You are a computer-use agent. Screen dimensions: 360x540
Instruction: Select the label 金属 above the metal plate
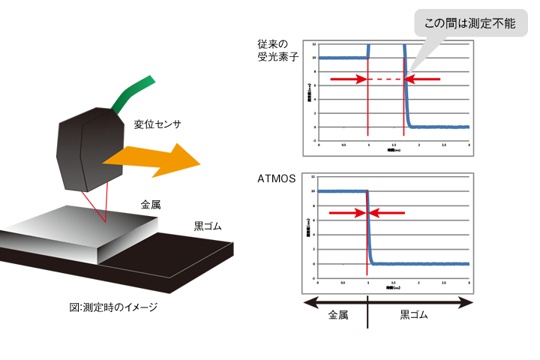(x=151, y=204)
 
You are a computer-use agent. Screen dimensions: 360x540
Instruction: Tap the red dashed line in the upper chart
(x=387, y=79)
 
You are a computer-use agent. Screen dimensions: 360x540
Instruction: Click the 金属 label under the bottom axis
(x=339, y=316)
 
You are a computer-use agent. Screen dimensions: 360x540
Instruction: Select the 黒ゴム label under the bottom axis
(x=412, y=316)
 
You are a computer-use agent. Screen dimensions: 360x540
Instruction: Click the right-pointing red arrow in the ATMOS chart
(x=346, y=214)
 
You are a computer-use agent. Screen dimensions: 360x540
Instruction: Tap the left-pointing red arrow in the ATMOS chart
(x=389, y=214)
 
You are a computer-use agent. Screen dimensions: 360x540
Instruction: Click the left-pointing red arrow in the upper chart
(x=424, y=79)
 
